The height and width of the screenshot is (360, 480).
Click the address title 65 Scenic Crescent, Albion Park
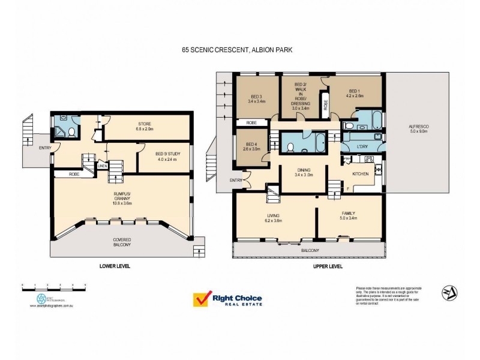(x=240, y=52)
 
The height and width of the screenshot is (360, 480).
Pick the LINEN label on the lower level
(x=103, y=166)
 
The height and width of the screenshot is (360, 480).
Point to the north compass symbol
(x=448, y=293)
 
